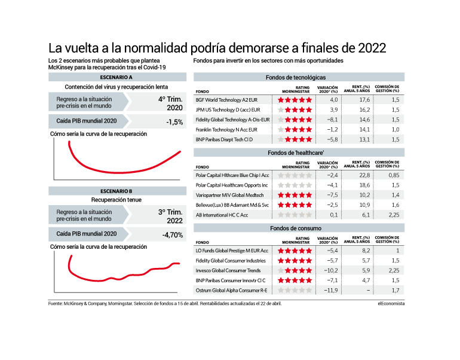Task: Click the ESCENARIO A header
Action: (x=116, y=77)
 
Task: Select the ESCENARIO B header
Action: (x=116, y=191)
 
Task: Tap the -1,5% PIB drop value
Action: (x=174, y=122)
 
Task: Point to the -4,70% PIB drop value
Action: (x=173, y=235)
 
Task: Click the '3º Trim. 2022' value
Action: (x=170, y=216)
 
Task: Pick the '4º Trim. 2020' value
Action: (x=170, y=103)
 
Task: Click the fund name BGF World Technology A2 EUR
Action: (x=226, y=100)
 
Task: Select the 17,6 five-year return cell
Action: (x=364, y=100)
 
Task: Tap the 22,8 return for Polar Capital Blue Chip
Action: (x=364, y=175)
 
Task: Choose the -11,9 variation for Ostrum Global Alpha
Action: (x=331, y=291)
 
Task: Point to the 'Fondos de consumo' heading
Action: (x=296, y=228)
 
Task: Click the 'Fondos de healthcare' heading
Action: (x=296, y=152)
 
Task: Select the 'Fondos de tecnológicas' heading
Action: (x=296, y=78)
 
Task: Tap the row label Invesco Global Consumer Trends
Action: (x=228, y=270)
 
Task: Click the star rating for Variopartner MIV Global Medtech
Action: (x=295, y=195)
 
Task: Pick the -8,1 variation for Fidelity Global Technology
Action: (x=332, y=120)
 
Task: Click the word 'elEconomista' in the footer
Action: (x=391, y=304)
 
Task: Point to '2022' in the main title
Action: (x=372, y=48)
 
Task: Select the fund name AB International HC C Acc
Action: (x=222, y=215)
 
